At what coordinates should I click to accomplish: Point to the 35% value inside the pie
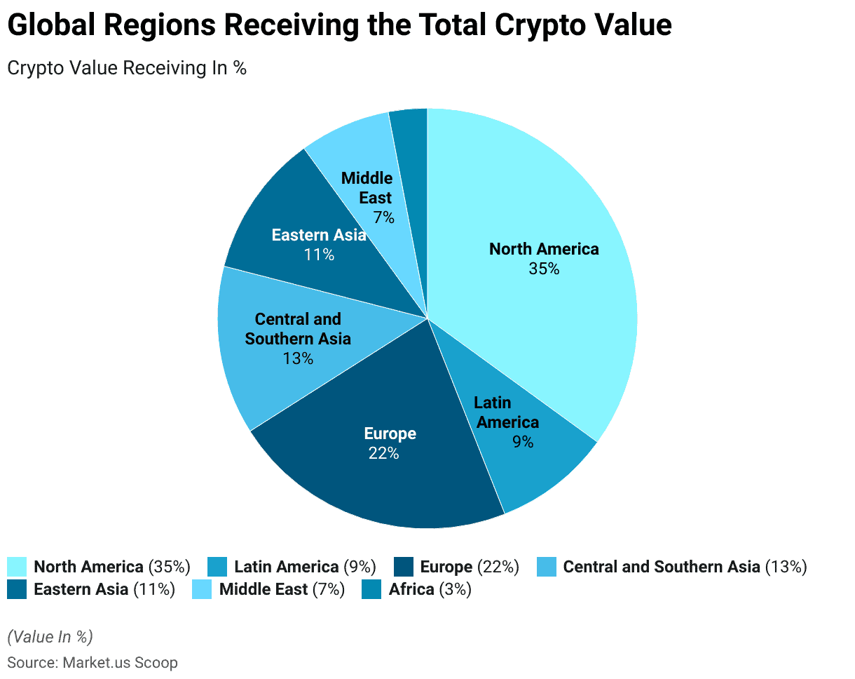pos(544,269)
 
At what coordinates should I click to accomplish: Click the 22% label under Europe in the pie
pos(384,453)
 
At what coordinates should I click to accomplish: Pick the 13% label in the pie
pos(298,358)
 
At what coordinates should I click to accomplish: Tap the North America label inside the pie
pos(544,249)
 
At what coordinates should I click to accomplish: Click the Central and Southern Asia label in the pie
pos(298,329)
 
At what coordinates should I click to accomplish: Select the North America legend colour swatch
pos(17,567)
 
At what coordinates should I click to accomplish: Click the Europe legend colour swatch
pos(404,567)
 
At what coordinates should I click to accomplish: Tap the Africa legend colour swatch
pos(371,589)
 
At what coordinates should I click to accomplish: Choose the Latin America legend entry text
pos(305,567)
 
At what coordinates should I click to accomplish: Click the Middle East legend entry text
pos(282,589)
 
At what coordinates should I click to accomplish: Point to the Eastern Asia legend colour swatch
pos(17,589)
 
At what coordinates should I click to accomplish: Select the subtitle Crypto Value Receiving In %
pos(127,68)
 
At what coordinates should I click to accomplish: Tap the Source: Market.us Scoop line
pos(93,662)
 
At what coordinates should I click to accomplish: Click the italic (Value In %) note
pos(50,637)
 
